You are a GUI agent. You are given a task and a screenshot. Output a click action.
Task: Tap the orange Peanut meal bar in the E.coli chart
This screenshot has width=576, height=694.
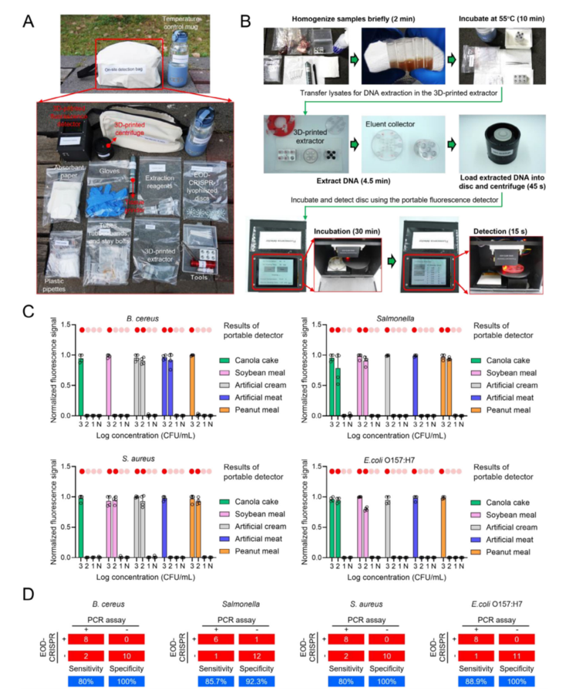pos(443,527)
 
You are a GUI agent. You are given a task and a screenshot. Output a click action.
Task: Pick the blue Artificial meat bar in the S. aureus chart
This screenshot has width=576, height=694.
pos(164,527)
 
